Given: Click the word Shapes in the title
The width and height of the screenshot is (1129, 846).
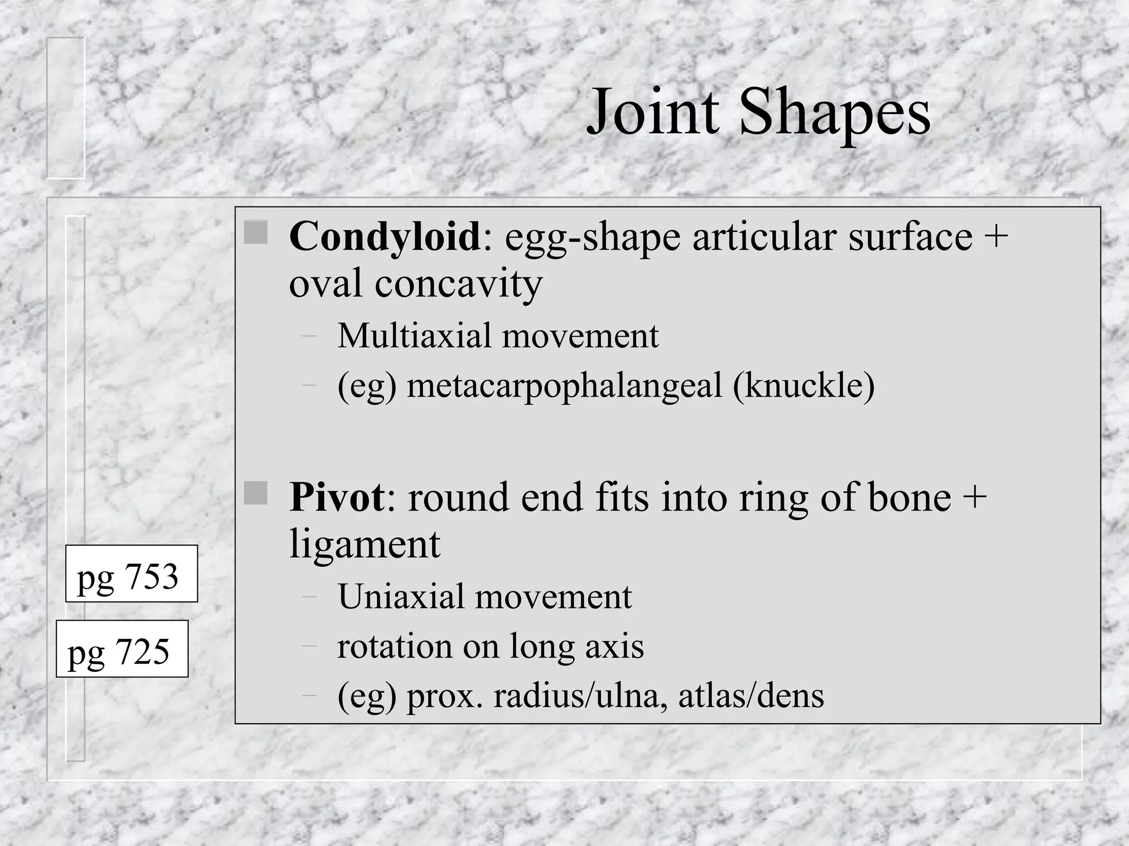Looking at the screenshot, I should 835,116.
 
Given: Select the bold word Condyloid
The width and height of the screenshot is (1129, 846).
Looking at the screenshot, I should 385,236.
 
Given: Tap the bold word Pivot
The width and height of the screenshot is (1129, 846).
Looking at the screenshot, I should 337,497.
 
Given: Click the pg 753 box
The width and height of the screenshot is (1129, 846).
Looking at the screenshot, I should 131,573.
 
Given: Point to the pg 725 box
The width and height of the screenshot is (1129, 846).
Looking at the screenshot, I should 122,649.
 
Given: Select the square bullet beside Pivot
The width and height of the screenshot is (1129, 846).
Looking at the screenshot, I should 256,493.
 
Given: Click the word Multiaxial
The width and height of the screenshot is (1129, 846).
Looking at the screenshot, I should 414,335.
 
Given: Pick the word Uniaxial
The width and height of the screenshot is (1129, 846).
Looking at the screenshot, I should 401,596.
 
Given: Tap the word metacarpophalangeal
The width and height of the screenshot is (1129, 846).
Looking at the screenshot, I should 564,385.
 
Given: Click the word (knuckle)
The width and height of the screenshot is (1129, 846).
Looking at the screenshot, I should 803,385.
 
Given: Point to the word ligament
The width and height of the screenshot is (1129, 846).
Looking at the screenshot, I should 364,544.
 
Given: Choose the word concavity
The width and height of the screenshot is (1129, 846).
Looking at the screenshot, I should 459,284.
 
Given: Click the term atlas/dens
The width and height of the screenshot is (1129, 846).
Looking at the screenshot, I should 751,696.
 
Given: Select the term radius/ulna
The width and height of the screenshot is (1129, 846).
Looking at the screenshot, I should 579,696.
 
